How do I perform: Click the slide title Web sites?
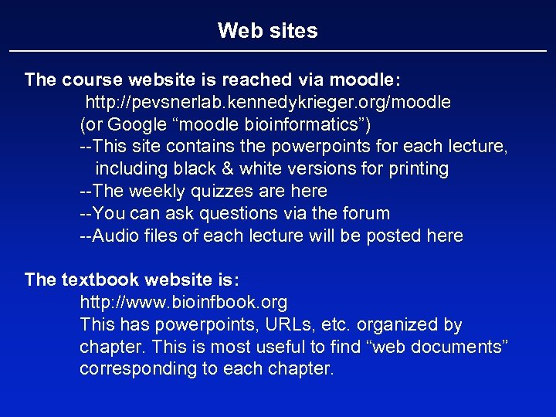click(x=267, y=31)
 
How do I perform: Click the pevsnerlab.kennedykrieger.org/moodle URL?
click(x=268, y=102)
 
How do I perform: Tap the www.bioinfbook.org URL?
click(x=184, y=302)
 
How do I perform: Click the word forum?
click(x=363, y=213)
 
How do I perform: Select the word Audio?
click(x=114, y=236)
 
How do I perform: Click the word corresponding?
click(x=138, y=368)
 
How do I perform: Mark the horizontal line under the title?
click(x=278, y=51)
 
